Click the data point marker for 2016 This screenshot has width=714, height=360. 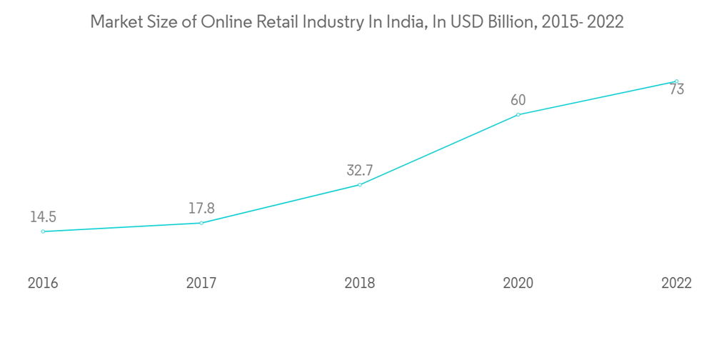pos(43,231)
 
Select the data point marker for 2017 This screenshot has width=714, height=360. pos(201,223)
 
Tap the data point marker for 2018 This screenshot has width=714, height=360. pos(360,185)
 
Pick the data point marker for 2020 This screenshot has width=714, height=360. pos(518,114)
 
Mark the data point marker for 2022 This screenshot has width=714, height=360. pos(676,81)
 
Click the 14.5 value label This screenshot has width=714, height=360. pos(43,217)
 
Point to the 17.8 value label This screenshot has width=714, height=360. pos(201,209)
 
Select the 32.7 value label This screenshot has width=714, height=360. pos(360,171)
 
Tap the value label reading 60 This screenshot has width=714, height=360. pos(518,101)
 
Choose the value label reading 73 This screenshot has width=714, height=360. pos(677,90)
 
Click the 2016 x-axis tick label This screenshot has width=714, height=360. pos(43,284)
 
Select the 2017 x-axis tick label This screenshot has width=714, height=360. pos(201,284)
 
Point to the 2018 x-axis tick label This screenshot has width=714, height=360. pos(360,284)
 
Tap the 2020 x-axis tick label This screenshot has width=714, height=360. pos(518,284)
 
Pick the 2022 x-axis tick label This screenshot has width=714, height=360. pos(676,284)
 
